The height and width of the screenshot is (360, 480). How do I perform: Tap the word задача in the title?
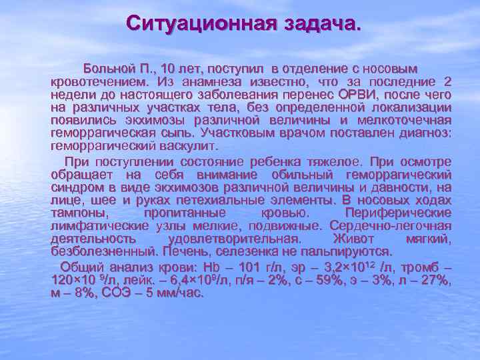pyautogui.click(x=318, y=26)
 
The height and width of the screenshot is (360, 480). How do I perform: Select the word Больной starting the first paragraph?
pyautogui.click(x=107, y=69)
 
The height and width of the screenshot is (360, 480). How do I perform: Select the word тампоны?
pyautogui.click(x=79, y=213)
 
